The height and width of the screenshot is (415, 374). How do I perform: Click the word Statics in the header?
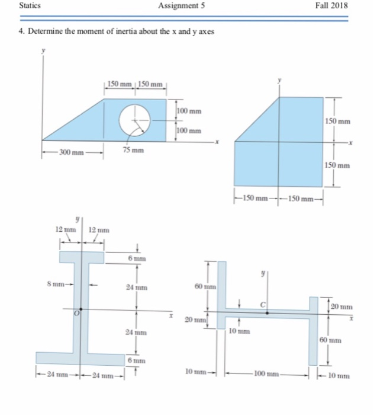[x=30, y=6]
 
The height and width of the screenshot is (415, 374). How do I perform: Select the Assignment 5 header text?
[x=182, y=6]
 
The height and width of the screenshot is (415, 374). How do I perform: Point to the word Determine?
[x=43, y=31]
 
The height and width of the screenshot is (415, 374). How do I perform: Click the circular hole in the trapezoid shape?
[x=134, y=120]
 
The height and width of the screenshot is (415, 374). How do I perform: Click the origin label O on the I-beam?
[x=76, y=313]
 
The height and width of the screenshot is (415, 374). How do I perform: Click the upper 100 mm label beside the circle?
[x=190, y=111]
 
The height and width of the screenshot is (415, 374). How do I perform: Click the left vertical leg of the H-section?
[x=221, y=285]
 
